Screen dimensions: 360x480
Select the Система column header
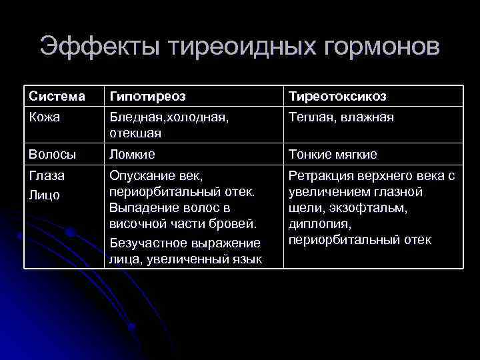[x=57, y=97]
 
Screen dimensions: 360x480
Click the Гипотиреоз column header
[x=147, y=97]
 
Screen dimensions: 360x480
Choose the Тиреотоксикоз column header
[x=337, y=97]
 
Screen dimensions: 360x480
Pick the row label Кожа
[x=45, y=117]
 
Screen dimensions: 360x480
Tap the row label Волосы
[x=52, y=155]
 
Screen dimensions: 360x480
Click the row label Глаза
[x=45, y=177]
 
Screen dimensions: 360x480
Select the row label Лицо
[x=44, y=195]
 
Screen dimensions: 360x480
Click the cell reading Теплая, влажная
[x=341, y=117]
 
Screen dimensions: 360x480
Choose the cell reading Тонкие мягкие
[x=333, y=155]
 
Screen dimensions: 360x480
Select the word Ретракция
[x=319, y=177]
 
